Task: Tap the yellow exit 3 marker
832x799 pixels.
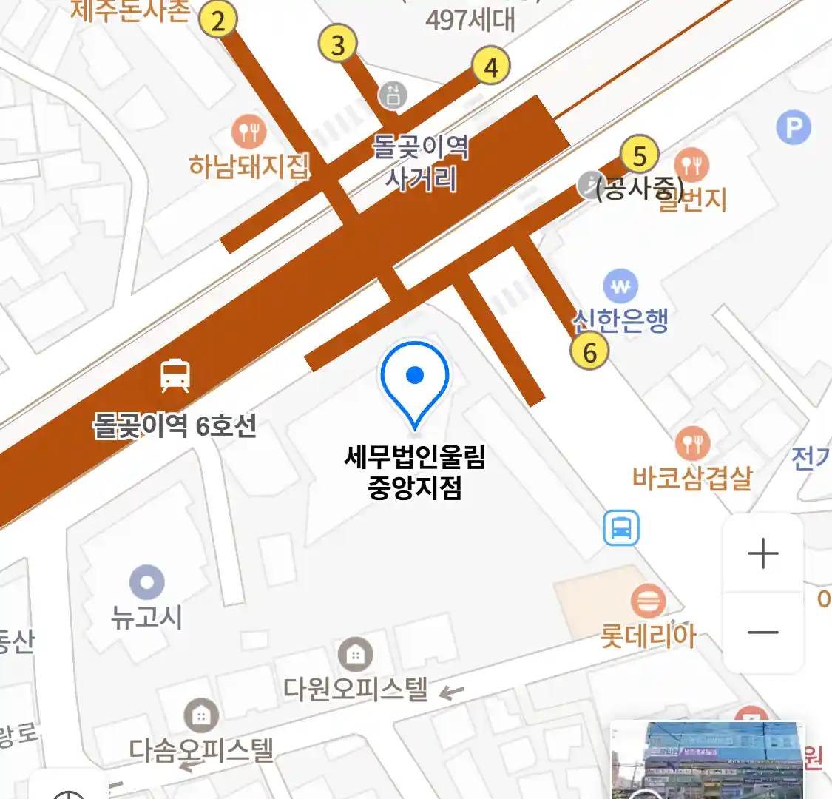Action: tap(338, 44)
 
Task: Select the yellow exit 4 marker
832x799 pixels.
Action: tap(491, 67)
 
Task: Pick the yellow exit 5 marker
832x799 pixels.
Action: tap(640, 155)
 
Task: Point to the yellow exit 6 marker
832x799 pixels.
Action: tap(589, 351)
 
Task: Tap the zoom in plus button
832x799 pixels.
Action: tap(763, 553)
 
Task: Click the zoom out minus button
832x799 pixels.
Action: tap(763, 633)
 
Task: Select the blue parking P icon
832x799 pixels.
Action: tap(794, 128)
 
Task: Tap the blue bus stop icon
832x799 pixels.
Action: tap(621, 528)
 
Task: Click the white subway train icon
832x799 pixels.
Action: tap(175, 375)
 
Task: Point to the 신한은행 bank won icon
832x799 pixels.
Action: tap(620, 286)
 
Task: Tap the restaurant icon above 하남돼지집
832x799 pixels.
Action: tap(249, 132)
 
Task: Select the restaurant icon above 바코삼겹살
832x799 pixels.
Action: tap(693, 444)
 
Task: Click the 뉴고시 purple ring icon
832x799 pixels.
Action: tap(146, 582)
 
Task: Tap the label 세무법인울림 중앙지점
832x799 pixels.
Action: tap(415, 472)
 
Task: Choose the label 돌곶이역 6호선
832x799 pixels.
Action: tap(175, 425)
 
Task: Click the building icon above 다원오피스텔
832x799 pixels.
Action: tap(356, 654)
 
